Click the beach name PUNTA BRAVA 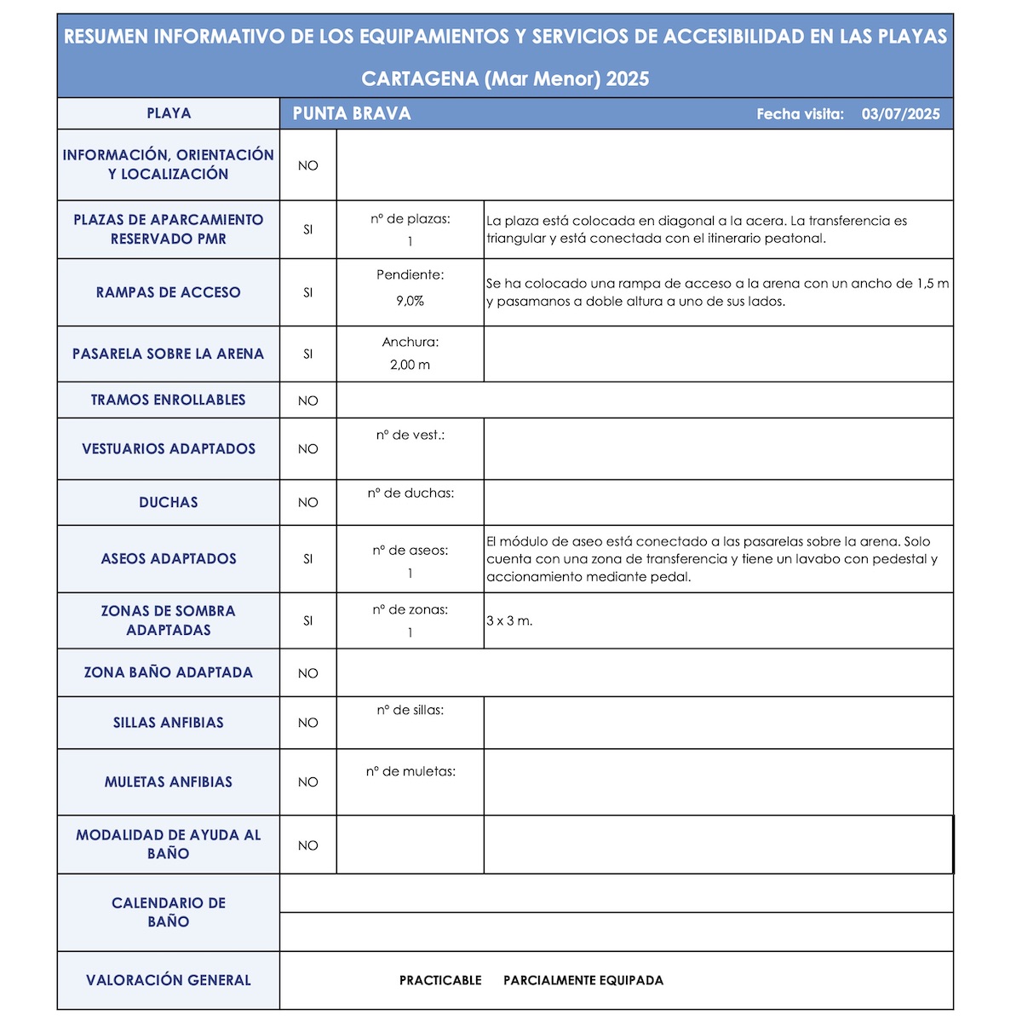[x=352, y=113]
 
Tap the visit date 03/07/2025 [x=900, y=114]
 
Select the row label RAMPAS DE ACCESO [x=169, y=292]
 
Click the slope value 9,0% [x=410, y=301]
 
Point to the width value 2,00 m [x=410, y=365]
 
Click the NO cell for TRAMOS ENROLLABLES [x=308, y=401]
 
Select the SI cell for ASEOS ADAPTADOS [x=308, y=559]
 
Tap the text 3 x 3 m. [x=509, y=620]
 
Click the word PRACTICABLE [x=440, y=980]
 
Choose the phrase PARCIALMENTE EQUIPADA [x=583, y=980]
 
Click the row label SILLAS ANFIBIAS [x=169, y=723]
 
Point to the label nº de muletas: [x=411, y=771]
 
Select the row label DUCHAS [x=169, y=503]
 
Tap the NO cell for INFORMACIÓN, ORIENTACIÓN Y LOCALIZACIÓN [x=308, y=165]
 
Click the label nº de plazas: [x=410, y=219]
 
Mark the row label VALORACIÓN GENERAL [x=169, y=980]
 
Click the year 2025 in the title [x=628, y=79]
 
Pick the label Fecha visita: [x=800, y=114]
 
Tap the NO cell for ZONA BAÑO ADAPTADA [x=308, y=673]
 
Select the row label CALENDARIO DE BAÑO [x=169, y=912]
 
